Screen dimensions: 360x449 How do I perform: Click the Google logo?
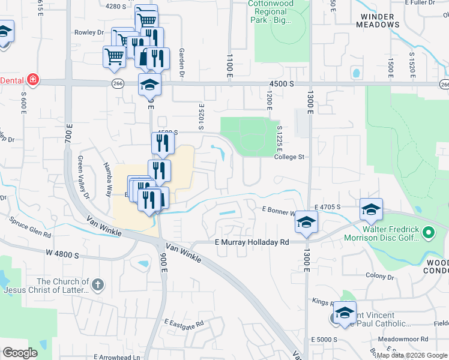point(20,353)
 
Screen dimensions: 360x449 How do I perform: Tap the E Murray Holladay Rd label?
point(252,242)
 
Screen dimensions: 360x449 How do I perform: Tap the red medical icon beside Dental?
point(32,80)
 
